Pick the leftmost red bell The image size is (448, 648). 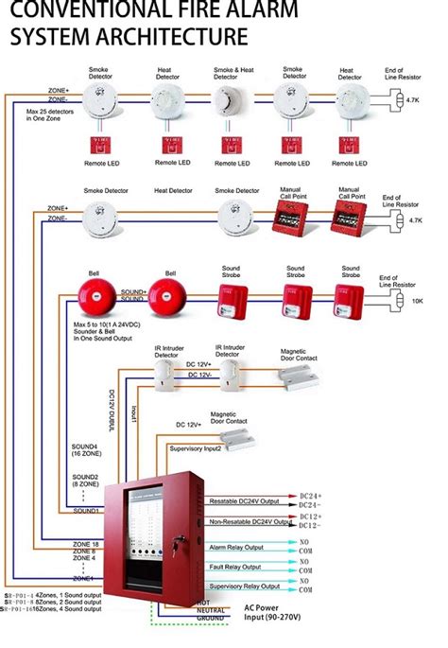[98, 297]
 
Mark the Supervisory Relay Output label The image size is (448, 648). [243, 587]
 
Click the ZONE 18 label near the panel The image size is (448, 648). [86, 545]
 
